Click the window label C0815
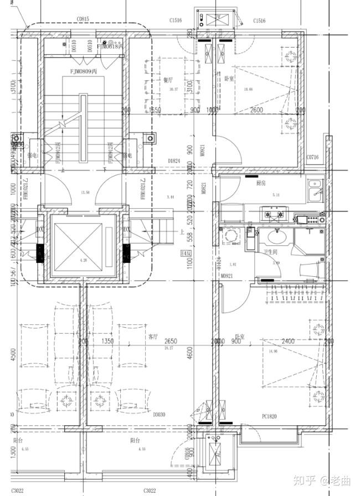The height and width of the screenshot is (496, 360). pyautogui.click(x=83, y=19)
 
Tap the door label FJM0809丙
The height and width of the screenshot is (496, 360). pyautogui.click(x=83, y=71)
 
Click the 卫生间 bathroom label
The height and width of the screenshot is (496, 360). pyautogui.click(x=270, y=252)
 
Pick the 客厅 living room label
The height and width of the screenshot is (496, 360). pyautogui.click(x=153, y=336)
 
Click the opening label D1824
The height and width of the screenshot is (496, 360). pyautogui.click(x=176, y=161)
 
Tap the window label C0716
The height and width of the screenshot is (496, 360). pyautogui.click(x=313, y=158)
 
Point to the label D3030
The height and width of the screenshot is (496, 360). pyautogui.click(x=159, y=414)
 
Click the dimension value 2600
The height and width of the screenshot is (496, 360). pyautogui.click(x=256, y=110)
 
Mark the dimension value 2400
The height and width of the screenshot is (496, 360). pyautogui.click(x=288, y=342)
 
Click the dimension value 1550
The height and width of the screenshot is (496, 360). pyautogui.click(x=153, y=110)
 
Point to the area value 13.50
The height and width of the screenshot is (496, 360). pyautogui.click(x=85, y=192)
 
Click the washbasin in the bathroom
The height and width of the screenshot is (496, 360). pyautogui.click(x=276, y=239)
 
